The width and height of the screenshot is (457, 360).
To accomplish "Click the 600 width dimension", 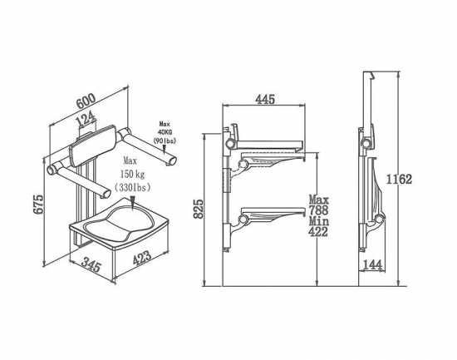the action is [x=86, y=100].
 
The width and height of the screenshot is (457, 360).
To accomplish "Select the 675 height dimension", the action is [x=38, y=204].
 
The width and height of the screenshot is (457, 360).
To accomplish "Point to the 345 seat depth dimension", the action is [x=91, y=264].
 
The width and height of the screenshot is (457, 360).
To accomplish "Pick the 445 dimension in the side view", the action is [x=265, y=100].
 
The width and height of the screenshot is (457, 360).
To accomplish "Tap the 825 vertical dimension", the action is [x=199, y=209].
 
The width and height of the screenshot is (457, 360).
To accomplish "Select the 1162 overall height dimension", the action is [x=399, y=179].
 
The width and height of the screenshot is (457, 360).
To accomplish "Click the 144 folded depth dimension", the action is [x=372, y=265].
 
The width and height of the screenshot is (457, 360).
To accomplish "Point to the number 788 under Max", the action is [x=318, y=210].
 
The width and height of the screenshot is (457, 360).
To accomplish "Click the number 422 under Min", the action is [x=318, y=232].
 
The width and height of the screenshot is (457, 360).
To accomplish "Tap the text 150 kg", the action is [x=132, y=174].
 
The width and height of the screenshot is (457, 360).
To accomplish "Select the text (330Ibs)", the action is [x=133, y=187].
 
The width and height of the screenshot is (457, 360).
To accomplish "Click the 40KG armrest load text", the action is [x=165, y=132].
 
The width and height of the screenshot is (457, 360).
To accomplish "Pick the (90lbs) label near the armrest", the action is [x=165, y=141].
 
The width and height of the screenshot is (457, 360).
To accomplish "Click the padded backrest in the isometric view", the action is [x=92, y=145].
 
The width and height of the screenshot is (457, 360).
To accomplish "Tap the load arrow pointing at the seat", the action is [x=133, y=203].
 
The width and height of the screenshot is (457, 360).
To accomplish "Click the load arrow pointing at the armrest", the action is [x=165, y=149].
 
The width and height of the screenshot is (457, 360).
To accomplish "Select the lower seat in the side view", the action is [x=271, y=215].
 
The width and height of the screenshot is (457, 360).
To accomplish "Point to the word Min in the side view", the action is [x=319, y=221].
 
